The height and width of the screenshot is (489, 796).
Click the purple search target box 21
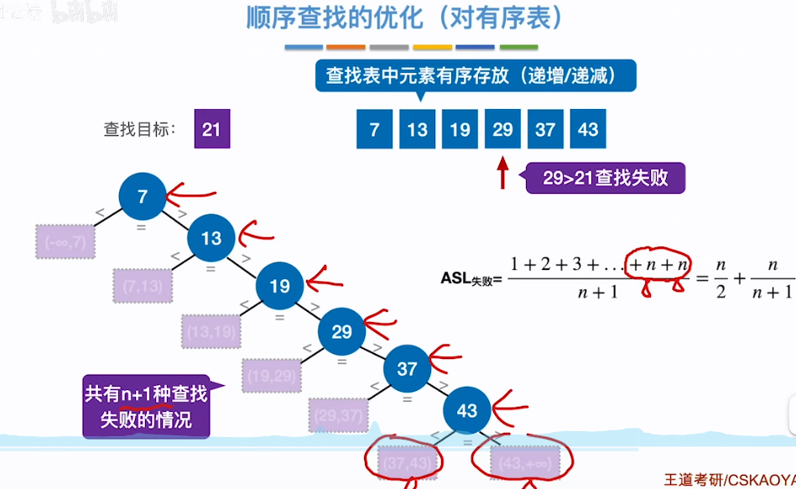211,129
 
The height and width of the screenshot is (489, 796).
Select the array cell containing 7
374,129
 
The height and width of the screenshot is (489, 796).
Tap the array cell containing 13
417,129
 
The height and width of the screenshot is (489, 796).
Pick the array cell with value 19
460,129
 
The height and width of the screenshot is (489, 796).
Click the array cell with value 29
502,129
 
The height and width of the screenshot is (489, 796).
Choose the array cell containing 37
545,129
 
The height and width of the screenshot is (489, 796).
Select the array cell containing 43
588,129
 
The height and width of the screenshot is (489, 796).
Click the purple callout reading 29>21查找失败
605,178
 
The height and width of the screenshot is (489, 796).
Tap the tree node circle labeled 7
143,197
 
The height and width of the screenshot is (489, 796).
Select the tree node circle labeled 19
279,286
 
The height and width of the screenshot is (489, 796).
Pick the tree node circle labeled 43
466,410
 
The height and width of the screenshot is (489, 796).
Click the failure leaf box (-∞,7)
66,242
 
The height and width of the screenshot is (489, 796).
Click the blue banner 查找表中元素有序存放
476,76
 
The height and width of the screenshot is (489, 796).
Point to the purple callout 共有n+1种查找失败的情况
148,406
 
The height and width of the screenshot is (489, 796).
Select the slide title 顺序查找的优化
404,18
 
